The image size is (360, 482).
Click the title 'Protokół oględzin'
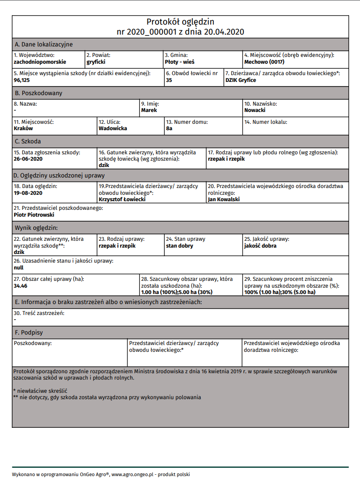[x=180, y=22]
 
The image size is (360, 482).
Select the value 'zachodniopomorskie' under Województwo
[x=40, y=61]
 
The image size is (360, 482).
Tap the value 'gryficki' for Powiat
[x=96, y=61]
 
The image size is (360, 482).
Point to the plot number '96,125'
[x=22, y=80]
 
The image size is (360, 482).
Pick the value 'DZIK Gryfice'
[x=241, y=80]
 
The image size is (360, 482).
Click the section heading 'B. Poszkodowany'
[x=38, y=93]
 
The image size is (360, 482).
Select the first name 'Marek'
[x=149, y=110]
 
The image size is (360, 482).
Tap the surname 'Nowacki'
[x=255, y=110]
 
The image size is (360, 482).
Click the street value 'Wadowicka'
[x=113, y=128]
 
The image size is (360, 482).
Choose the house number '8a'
[x=169, y=128]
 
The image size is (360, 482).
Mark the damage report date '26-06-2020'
[x=28, y=159]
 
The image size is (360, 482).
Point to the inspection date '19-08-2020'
[x=28, y=193]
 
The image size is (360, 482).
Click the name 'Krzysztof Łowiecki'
[x=122, y=199]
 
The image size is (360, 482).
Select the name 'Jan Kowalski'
[x=223, y=199]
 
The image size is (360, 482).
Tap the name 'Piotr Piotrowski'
[x=34, y=214]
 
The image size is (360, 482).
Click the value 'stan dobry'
[x=179, y=246]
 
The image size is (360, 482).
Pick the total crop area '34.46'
[x=21, y=286]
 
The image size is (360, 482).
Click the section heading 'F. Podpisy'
[x=29, y=333]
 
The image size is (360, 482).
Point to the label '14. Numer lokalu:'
[x=266, y=122]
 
